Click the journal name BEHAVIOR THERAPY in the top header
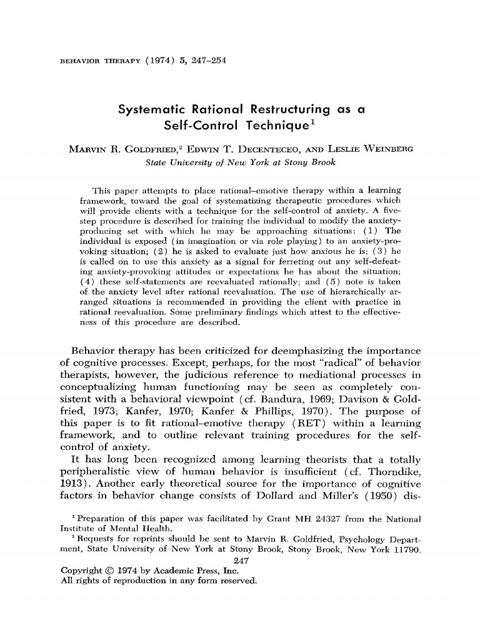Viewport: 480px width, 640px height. [92, 61]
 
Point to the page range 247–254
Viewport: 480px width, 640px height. [201, 60]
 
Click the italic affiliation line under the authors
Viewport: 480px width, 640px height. [240, 163]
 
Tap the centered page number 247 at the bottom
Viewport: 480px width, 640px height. [240, 560]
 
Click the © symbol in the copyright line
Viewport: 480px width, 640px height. [106, 571]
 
